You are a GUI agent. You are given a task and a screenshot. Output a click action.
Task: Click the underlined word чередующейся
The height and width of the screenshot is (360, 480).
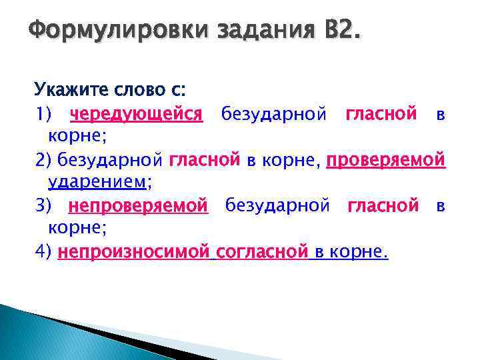[136, 114]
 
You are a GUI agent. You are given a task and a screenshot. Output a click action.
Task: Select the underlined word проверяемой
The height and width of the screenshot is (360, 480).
[385, 160]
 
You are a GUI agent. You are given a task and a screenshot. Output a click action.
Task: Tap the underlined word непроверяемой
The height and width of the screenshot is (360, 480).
[139, 206]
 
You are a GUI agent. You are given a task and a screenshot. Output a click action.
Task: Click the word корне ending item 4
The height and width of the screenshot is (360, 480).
[357, 252]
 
